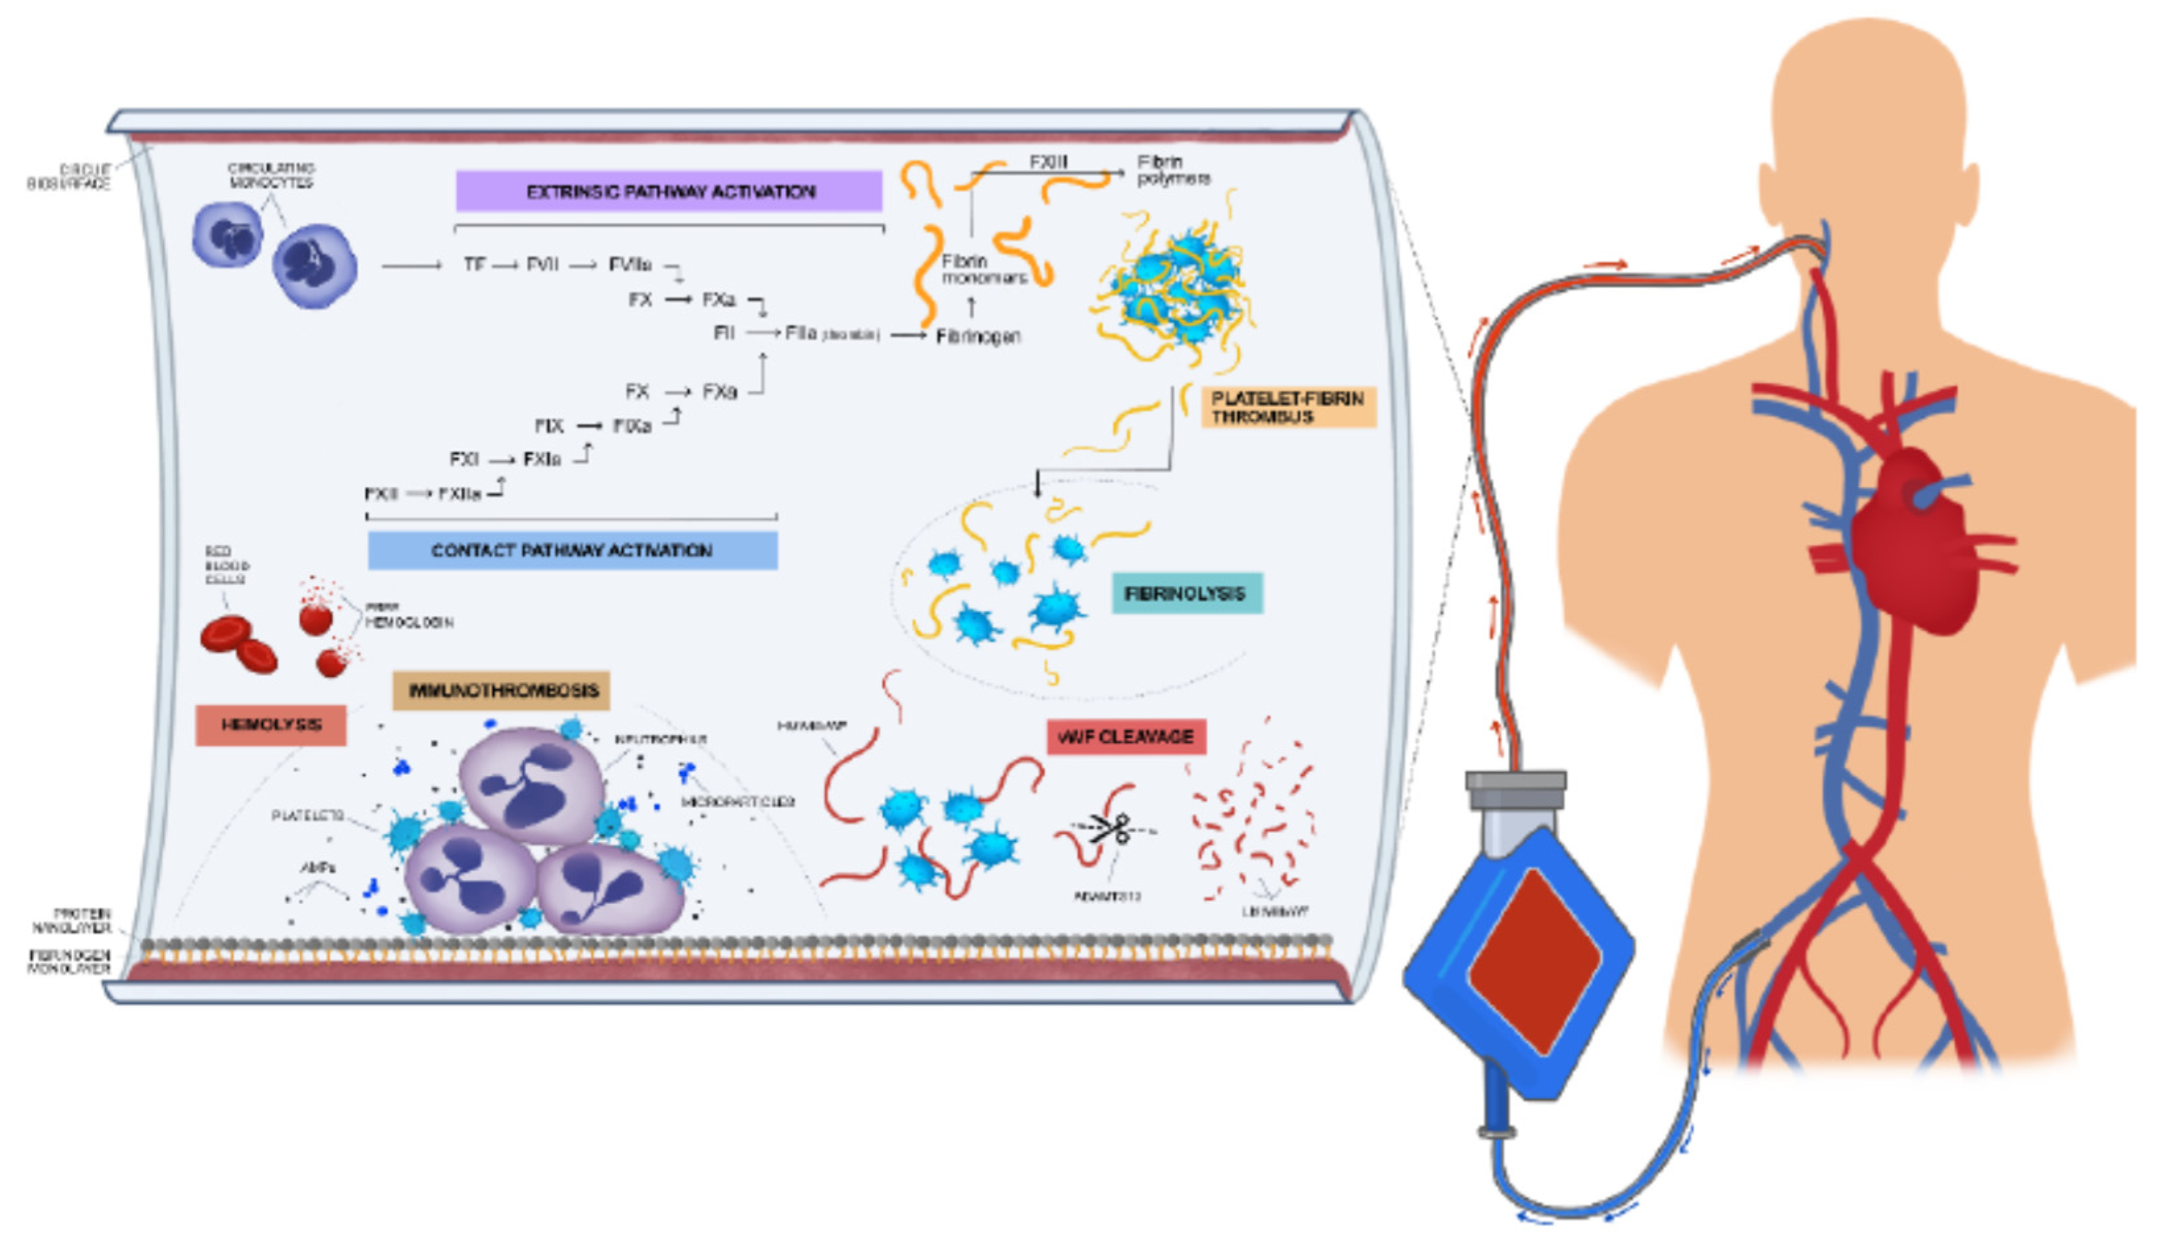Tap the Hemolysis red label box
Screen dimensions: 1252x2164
pos(270,725)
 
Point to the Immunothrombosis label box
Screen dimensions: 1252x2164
pos(502,690)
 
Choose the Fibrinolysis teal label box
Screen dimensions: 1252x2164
pos(1186,593)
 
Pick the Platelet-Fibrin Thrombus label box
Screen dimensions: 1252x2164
pos(1286,407)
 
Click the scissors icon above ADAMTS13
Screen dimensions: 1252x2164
pos(1112,829)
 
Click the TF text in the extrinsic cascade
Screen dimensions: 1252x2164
pos(474,264)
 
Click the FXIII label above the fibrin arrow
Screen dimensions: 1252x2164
pos(1048,162)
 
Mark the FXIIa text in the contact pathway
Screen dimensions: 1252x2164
pos(460,494)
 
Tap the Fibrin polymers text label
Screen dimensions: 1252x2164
pos(1173,170)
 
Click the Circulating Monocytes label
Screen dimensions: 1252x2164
pos(270,175)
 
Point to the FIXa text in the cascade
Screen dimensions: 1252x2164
pos(632,426)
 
